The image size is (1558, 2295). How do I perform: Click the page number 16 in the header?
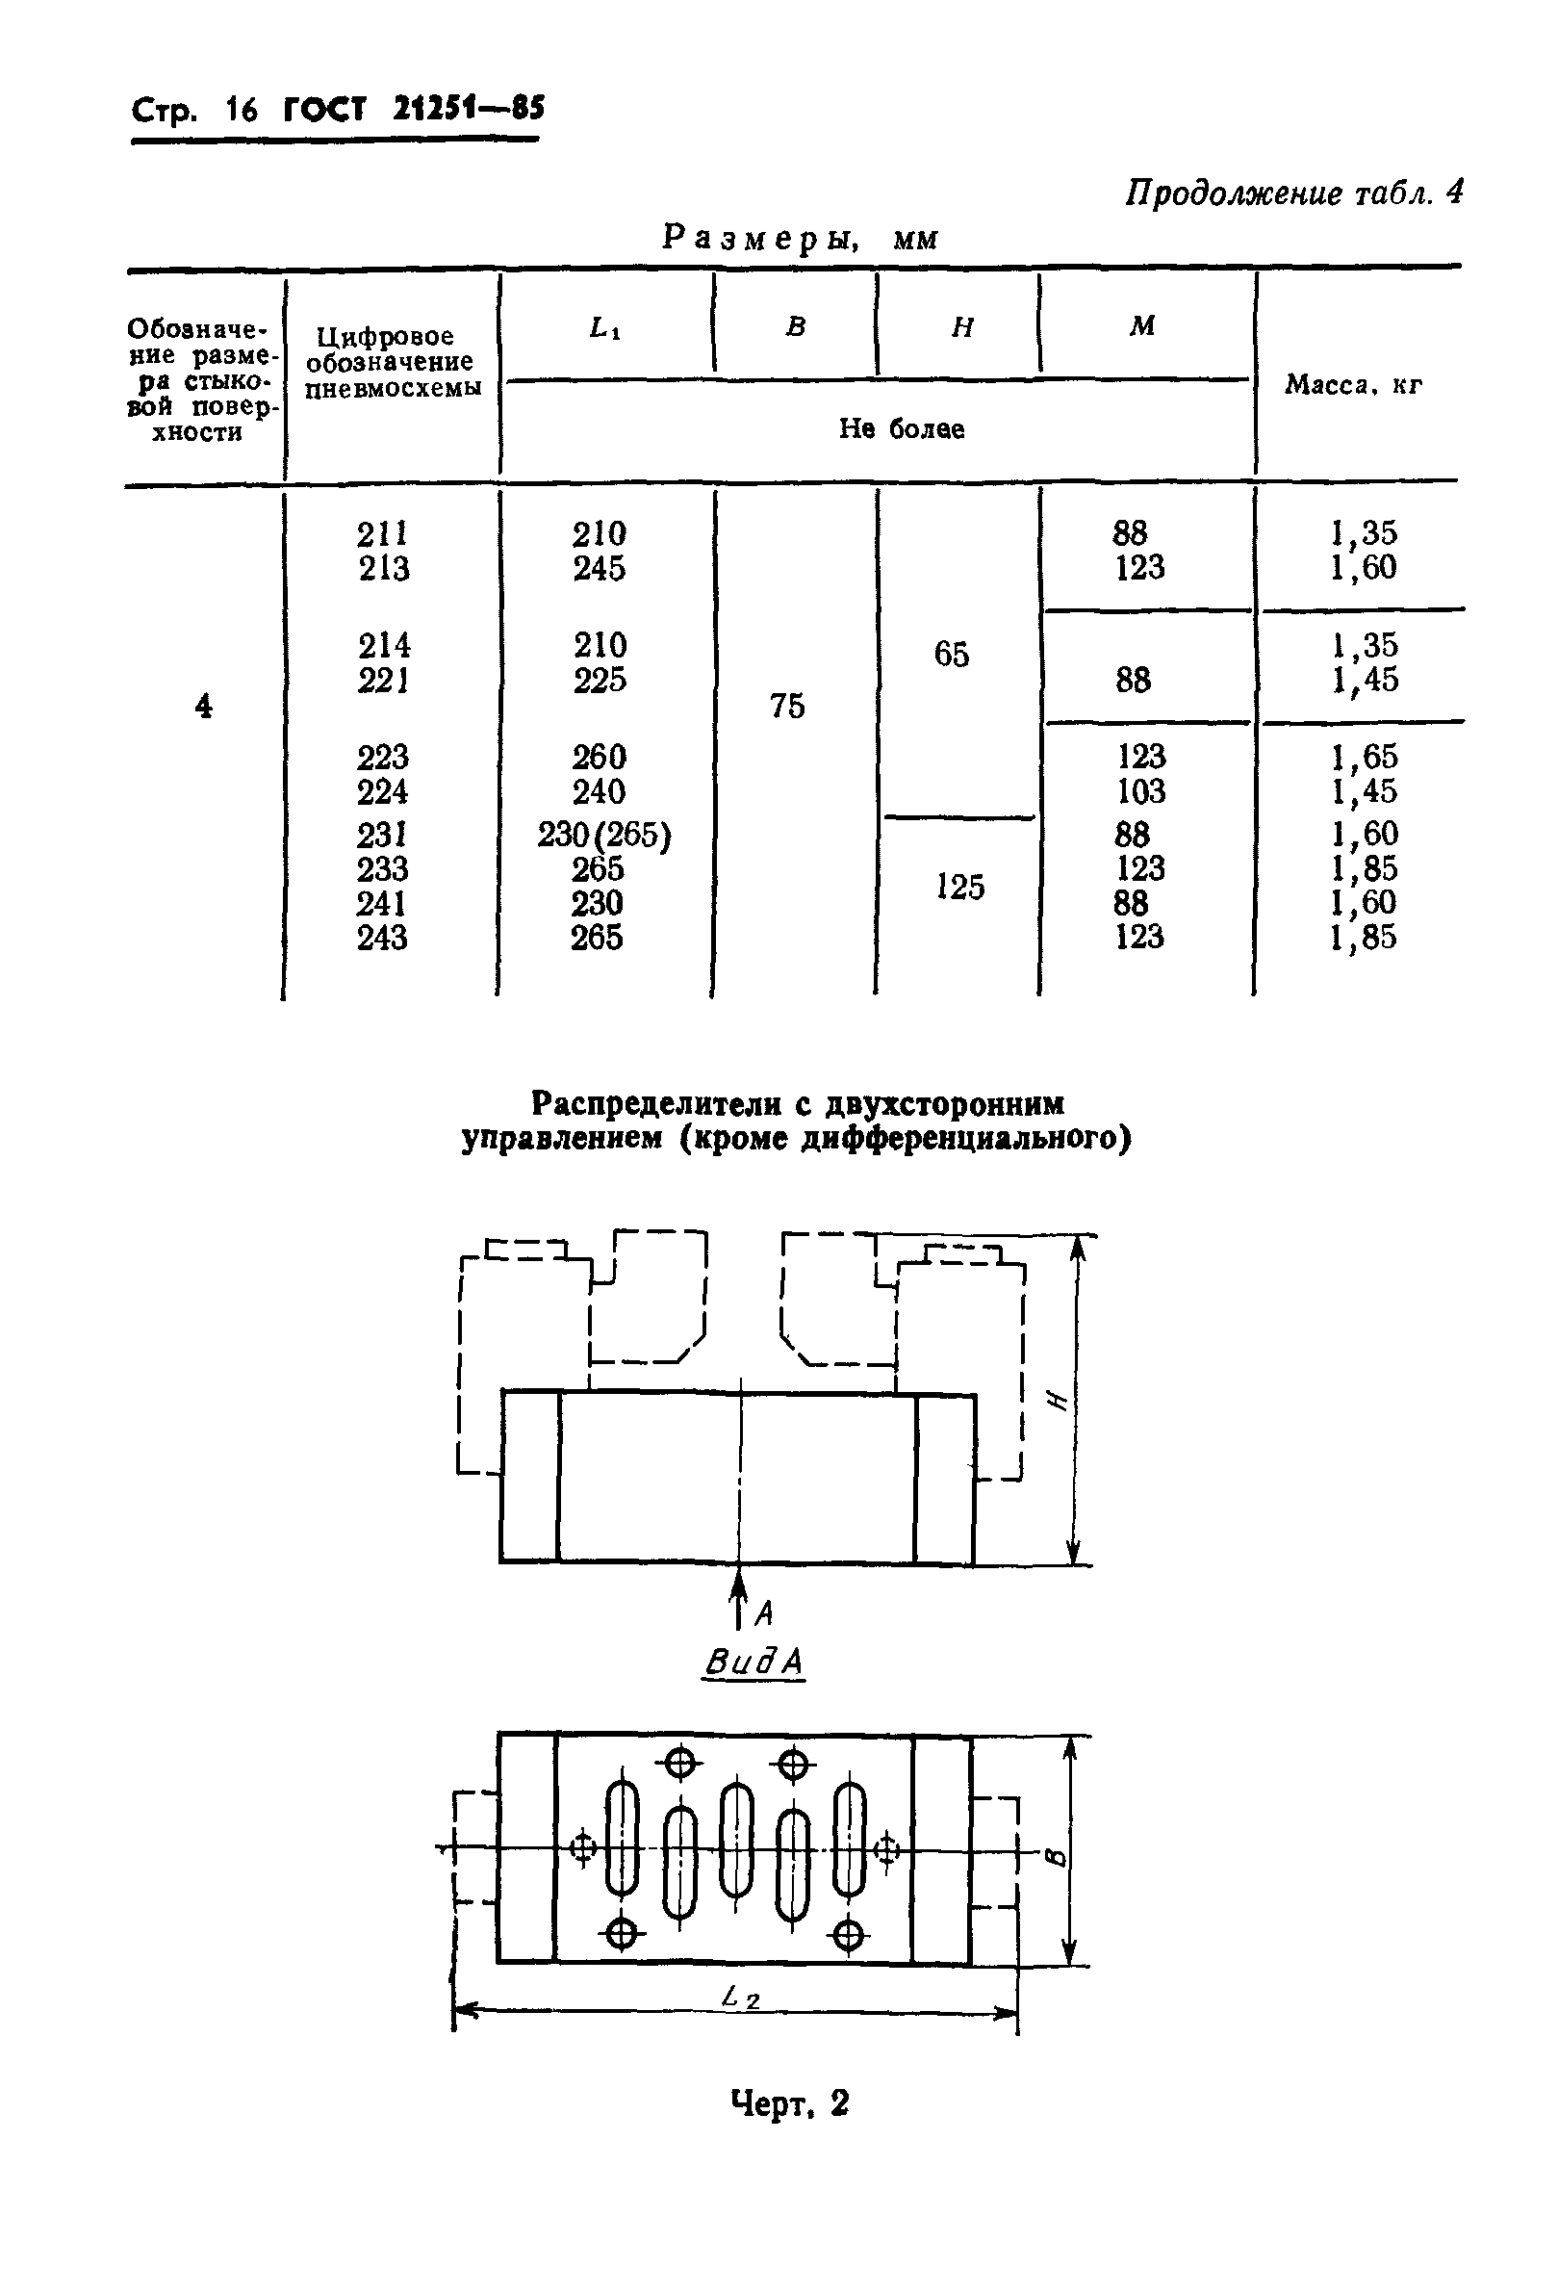point(241,109)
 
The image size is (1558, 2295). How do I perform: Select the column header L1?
point(604,328)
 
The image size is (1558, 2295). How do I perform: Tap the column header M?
point(1141,326)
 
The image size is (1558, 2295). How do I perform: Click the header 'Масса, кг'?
point(1353,385)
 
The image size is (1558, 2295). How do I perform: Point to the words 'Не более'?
point(902,428)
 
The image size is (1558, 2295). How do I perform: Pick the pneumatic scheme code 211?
point(382,534)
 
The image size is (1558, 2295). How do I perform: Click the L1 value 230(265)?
point(603,836)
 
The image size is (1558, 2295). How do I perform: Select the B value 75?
point(787,705)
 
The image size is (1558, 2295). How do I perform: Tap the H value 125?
point(958,887)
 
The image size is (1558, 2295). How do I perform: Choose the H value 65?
point(952,654)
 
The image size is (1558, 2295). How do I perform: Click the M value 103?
point(1140,791)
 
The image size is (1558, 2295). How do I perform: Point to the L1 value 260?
point(599,758)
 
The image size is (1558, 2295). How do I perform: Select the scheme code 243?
point(382,938)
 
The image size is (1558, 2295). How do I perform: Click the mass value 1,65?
point(1364,758)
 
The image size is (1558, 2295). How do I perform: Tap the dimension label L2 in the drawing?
point(739,1998)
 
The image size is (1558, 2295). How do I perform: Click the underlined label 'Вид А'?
point(753,1662)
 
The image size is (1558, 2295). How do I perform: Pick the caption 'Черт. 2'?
point(789,2104)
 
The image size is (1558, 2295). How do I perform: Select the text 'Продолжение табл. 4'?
point(1293,193)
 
